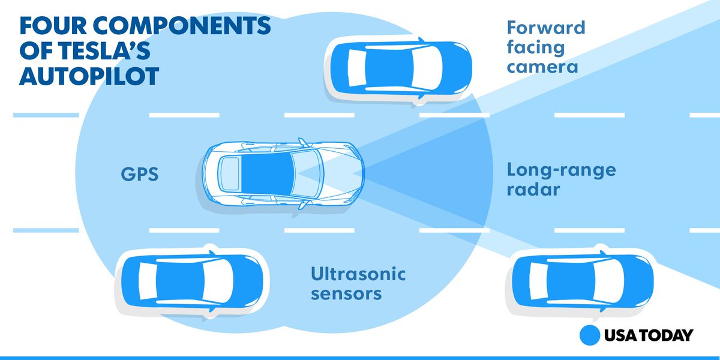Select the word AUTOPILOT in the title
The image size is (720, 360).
click(x=89, y=76)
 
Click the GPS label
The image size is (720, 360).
click(x=139, y=176)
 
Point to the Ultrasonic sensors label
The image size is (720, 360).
click(x=358, y=284)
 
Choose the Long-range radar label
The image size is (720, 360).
click(x=561, y=179)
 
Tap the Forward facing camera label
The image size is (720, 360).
click(x=545, y=46)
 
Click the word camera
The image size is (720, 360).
click(x=542, y=65)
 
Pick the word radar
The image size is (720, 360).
click(x=533, y=190)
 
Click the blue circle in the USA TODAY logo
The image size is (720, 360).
click(x=590, y=335)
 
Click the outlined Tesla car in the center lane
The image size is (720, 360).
click(x=282, y=175)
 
